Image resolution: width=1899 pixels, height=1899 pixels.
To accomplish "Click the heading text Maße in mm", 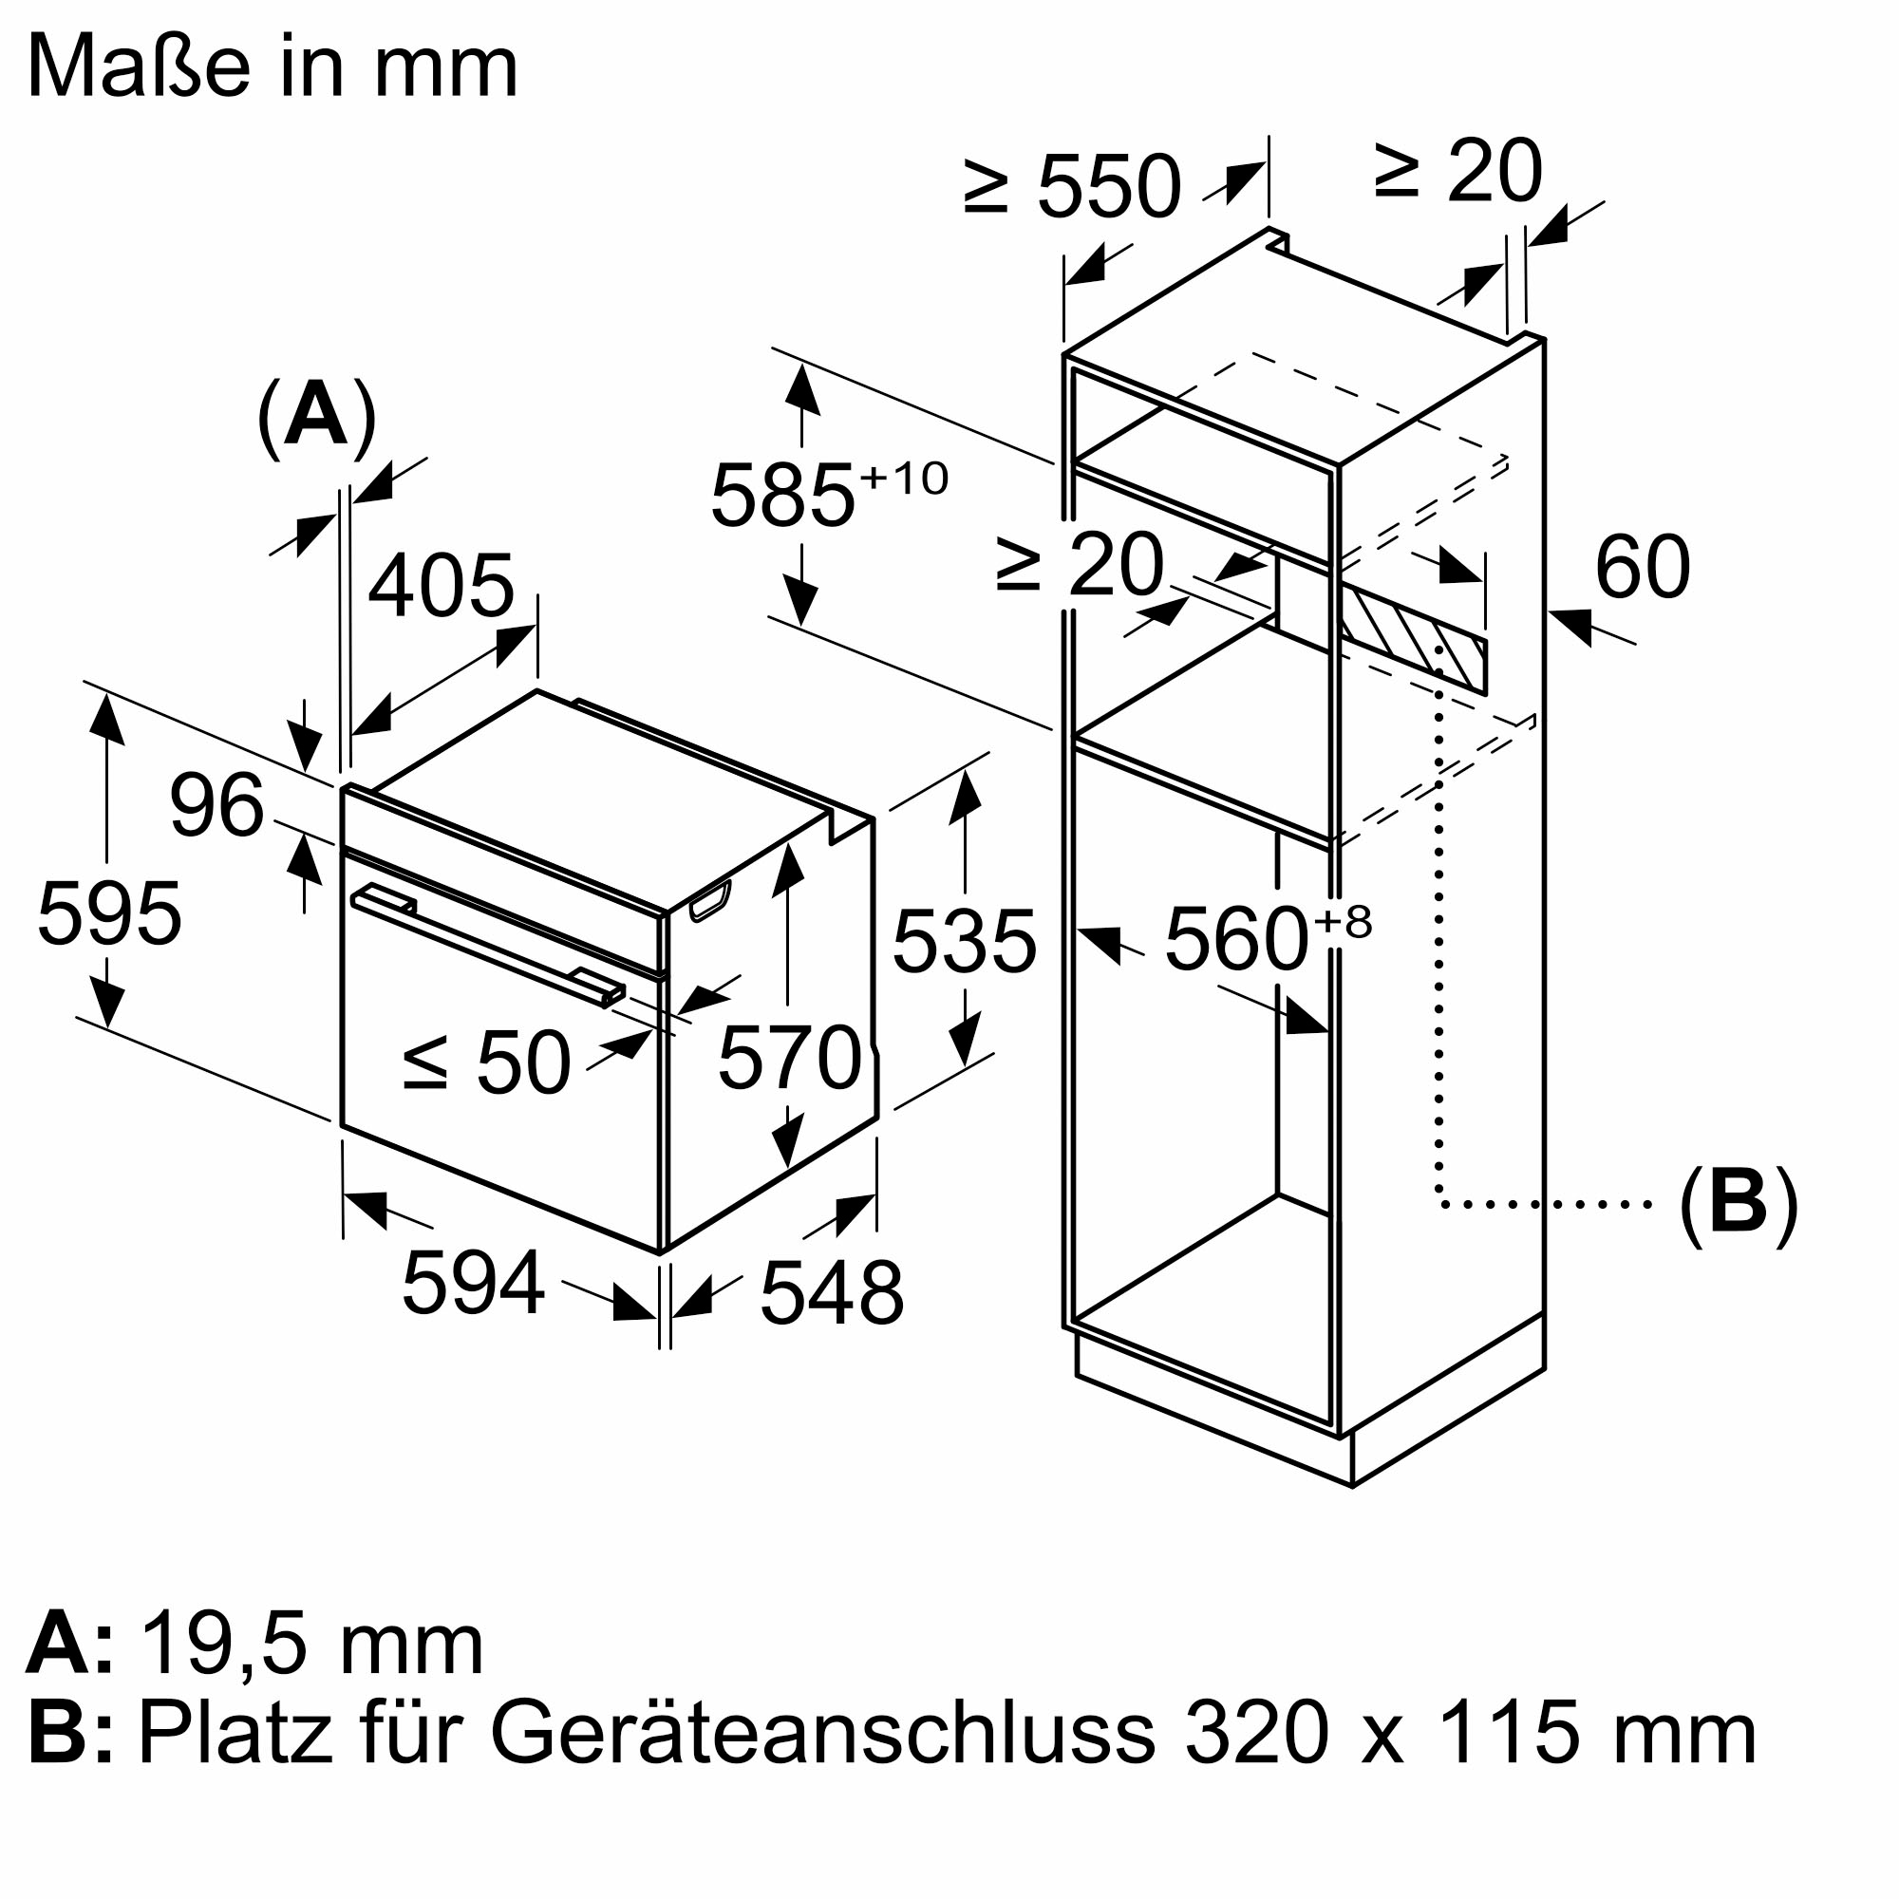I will pyautogui.click(x=272, y=66).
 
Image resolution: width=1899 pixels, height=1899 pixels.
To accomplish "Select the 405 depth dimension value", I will pyautogui.click(x=442, y=586).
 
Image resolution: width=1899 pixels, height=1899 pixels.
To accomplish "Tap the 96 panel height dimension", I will pyautogui.click(x=216, y=806).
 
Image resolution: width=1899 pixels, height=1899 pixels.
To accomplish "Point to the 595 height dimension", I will pyautogui.click(x=109, y=914).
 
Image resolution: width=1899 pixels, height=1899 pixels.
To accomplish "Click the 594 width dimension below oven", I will pyautogui.click(x=473, y=1282).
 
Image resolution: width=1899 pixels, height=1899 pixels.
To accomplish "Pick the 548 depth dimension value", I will pyautogui.click(x=832, y=1293).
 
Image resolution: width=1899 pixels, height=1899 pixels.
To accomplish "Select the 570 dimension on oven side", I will pyautogui.click(x=789, y=1058).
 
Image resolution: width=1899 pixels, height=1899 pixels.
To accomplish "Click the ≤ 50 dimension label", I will pyautogui.click(x=486, y=1062).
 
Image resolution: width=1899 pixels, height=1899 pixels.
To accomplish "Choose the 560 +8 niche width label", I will pyautogui.click(x=1266, y=940).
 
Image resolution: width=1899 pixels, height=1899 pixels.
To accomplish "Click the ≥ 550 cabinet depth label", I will pyautogui.click(x=1071, y=187).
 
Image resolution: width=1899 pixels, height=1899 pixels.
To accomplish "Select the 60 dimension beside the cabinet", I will pyautogui.click(x=1642, y=567).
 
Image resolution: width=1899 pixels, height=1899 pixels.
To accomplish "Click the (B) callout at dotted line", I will pyautogui.click(x=1738, y=1204).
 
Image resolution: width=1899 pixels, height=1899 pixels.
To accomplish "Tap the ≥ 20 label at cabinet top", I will pyautogui.click(x=1457, y=173).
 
